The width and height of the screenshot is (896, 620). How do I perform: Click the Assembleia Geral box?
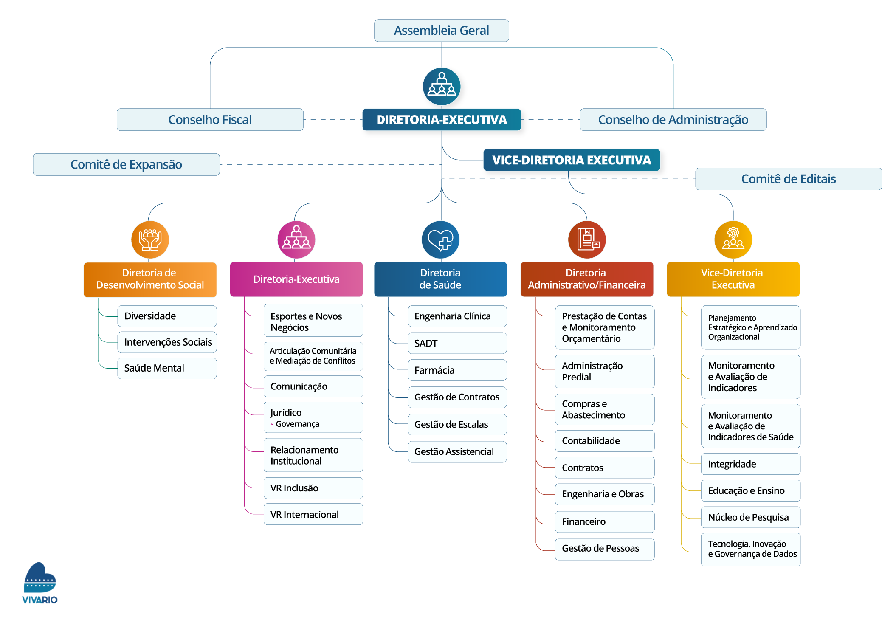pos(441,31)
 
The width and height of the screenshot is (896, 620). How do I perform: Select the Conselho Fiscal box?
pos(210,120)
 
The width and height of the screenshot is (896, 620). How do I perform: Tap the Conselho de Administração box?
pos(673,120)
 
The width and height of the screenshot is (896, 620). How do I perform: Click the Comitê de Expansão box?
pos(126,164)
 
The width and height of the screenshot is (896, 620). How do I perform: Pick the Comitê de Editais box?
pos(788,179)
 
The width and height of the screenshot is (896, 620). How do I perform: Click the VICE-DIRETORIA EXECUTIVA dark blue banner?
pos(571,160)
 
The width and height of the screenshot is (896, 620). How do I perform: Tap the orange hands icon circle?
pos(150,240)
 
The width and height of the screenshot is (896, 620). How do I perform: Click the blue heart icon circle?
pos(440,240)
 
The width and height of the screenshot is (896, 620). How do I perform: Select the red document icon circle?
pos(587,240)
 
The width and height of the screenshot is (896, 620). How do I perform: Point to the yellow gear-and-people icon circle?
pos(733,240)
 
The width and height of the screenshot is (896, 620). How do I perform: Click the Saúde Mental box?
pos(167,368)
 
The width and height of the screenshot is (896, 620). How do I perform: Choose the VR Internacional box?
pos(313,514)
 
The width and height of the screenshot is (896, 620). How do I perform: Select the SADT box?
pos(457,343)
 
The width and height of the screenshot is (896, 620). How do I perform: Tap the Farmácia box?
pos(457,370)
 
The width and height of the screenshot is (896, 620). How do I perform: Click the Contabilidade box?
pos(604,441)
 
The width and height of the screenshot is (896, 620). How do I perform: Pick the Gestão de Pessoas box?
pos(604,549)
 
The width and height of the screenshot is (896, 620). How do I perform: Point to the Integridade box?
pos(750,464)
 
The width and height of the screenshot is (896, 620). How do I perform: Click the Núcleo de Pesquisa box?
pos(750,517)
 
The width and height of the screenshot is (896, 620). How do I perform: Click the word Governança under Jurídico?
pos(297,424)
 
